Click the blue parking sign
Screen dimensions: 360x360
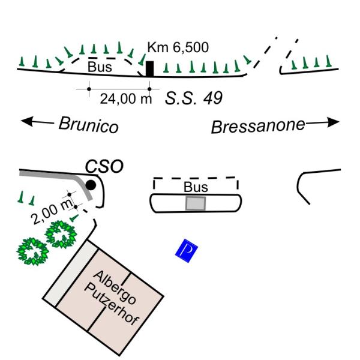click(x=187, y=250)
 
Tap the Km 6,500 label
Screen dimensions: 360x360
click(x=178, y=47)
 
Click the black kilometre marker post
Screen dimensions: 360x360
click(x=150, y=68)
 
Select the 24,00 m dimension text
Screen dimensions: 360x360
click(x=126, y=99)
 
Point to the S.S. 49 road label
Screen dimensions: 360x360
click(x=194, y=98)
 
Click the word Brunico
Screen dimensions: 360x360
click(x=89, y=125)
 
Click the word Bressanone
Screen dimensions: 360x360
click(x=258, y=126)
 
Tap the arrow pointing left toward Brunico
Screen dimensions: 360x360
click(x=37, y=121)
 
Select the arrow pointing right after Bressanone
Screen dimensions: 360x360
click(x=323, y=122)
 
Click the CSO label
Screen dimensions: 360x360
click(x=104, y=166)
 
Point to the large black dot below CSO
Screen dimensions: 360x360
click(x=91, y=185)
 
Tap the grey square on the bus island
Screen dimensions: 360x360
click(x=196, y=203)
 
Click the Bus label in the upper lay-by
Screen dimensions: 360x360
click(x=100, y=67)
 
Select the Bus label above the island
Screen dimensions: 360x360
click(x=196, y=187)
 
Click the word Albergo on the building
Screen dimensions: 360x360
click(x=115, y=287)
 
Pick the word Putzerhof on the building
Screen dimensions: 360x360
click(x=112, y=305)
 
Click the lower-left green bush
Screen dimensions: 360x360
click(x=32, y=251)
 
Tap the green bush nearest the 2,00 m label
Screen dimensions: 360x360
click(x=61, y=235)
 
